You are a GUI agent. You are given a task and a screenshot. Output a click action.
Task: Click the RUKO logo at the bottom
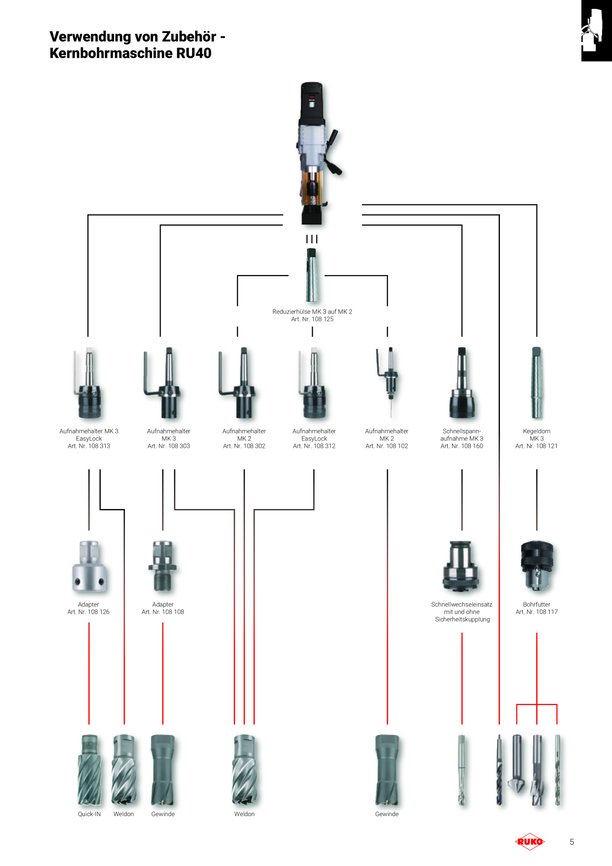pos(530,842)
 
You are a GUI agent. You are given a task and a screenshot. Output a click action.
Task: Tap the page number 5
pos(572,842)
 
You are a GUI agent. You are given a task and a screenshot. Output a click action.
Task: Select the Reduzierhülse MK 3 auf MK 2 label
pos(312,312)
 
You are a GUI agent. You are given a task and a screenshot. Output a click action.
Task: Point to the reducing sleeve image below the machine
pos(312,275)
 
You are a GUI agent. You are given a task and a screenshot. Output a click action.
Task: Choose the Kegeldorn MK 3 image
pos(536,383)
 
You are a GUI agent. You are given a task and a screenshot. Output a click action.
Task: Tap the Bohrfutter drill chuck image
pos(537,566)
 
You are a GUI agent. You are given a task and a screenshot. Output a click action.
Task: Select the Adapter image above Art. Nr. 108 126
pos(89,566)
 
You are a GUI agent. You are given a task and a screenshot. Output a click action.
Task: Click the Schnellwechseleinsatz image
pos(462,566)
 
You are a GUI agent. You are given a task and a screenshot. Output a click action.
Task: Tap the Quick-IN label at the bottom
pos(89,814)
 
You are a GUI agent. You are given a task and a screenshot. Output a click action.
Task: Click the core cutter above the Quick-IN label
pos(89,770)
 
